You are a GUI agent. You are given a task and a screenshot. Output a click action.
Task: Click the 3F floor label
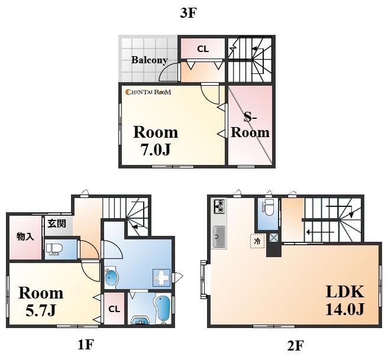188,13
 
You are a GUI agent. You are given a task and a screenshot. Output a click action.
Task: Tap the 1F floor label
86,344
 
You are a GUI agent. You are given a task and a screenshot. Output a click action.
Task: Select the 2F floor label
296,346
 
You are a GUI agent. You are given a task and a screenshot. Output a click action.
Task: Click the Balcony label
150,60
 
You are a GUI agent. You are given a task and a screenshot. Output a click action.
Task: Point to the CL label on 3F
203,49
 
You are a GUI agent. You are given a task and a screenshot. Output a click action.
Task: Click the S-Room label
250,125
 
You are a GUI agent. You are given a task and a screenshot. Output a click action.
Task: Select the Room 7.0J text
156,141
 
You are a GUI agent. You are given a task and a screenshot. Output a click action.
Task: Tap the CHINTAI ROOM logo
148,92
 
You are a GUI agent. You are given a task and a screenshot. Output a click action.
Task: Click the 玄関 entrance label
57,223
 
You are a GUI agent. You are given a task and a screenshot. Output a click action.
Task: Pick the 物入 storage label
25,237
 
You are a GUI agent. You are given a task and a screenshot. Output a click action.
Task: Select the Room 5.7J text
41,301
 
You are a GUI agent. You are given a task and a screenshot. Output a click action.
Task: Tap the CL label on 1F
114,309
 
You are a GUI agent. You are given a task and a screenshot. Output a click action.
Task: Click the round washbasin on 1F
111,278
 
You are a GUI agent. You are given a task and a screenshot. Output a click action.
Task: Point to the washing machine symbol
161,278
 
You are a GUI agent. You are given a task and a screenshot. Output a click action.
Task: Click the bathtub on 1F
162,308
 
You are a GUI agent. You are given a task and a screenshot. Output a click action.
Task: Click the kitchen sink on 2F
219,236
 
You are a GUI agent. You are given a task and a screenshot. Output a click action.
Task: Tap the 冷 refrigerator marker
257,241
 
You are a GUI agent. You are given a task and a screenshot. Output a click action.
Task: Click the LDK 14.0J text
345,300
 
